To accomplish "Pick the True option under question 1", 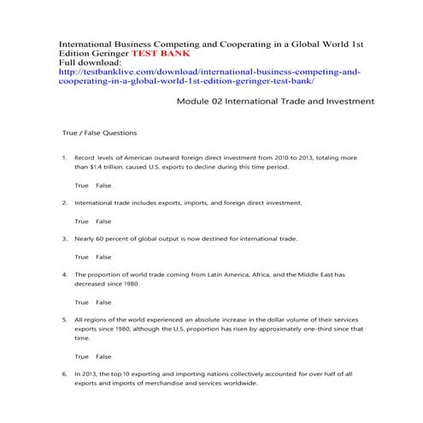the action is [81, 185].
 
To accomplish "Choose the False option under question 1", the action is [103, 185].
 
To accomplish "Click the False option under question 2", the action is [103, 221].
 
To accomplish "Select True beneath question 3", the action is [81, 256].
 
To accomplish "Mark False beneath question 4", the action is [103, 302].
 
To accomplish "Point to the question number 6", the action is [64, 373].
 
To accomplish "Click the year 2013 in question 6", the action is [91, 373].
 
